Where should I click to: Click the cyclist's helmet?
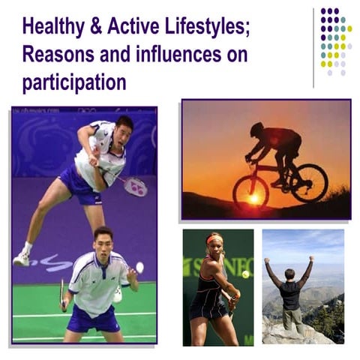[257, 128]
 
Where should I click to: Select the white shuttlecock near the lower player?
[139, 267]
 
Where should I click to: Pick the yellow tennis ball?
[245, 274]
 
